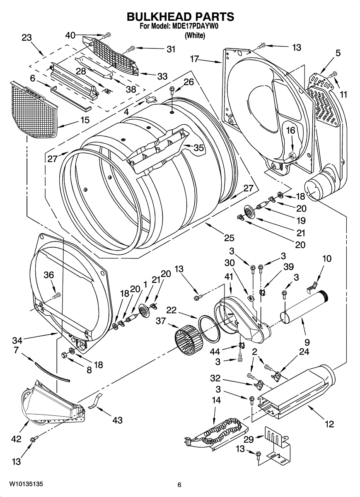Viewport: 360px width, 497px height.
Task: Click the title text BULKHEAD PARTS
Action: point(180,17)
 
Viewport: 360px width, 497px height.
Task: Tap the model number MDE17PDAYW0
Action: point(194,27)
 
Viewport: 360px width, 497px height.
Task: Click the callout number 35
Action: point(199,147)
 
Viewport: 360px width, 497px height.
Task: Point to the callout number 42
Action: point(16,439)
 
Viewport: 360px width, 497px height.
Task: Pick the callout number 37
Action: point(161,321)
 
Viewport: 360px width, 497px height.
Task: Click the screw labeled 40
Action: point(107,35)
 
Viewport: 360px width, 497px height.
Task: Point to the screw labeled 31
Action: point(131,48)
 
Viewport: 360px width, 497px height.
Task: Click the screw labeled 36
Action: point(57,295)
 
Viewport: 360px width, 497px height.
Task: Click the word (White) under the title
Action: point(195,35)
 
